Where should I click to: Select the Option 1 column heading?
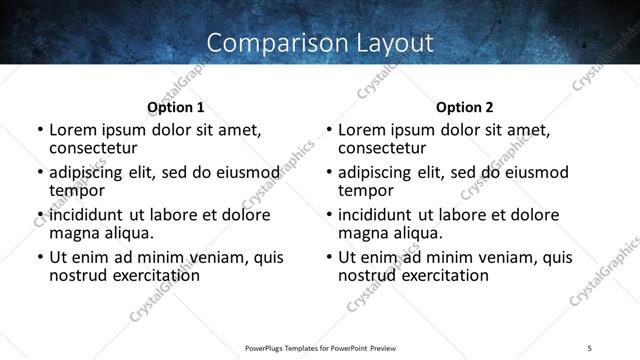click(x=176, y=107)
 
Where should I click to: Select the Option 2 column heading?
click(x=465, y=107)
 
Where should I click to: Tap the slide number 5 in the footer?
click(x=590, y=348)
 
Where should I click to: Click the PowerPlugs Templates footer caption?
click(x=321, y=348)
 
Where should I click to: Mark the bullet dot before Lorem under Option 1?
click(x=40, y=130)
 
